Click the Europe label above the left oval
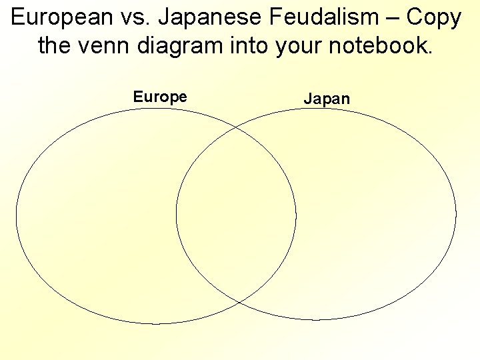click(160, 97)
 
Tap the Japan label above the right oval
click(327, 99)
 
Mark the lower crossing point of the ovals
click(238, 303)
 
